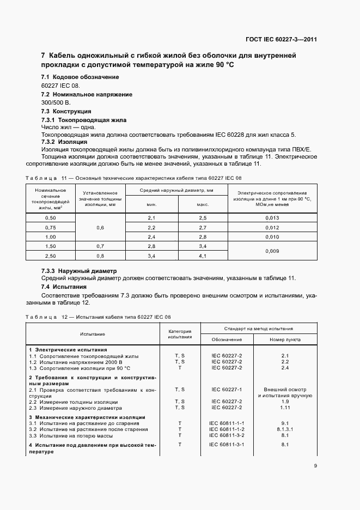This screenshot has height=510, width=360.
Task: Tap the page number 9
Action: (x=315, y=465)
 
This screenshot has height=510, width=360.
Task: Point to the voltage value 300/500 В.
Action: (x=56, y=102)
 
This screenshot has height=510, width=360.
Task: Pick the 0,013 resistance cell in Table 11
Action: (x=272, y=218)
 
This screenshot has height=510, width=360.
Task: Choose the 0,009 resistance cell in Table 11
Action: (x=272, y=251)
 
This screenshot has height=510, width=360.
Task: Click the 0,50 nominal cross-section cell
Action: (x=50, y=218)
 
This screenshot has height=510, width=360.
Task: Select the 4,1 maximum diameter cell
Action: (x=203, y=256)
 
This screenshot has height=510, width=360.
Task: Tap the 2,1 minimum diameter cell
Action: (x=151, y=218)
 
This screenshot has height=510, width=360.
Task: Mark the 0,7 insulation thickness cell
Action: (x=100, y=246)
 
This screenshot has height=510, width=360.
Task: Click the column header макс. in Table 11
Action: (x=203, y=204)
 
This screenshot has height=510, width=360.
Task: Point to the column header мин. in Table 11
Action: (x=151, y=204)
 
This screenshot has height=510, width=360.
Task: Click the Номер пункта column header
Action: (x=284, y=339)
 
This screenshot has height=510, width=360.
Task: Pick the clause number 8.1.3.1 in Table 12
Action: (x=284, y=429)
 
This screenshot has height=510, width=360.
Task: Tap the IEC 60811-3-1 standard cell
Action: (x=227, y=445)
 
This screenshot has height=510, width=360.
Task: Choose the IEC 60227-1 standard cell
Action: (x=227, y=390)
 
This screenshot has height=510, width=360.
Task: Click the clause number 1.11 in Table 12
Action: (x=284, y=407)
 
